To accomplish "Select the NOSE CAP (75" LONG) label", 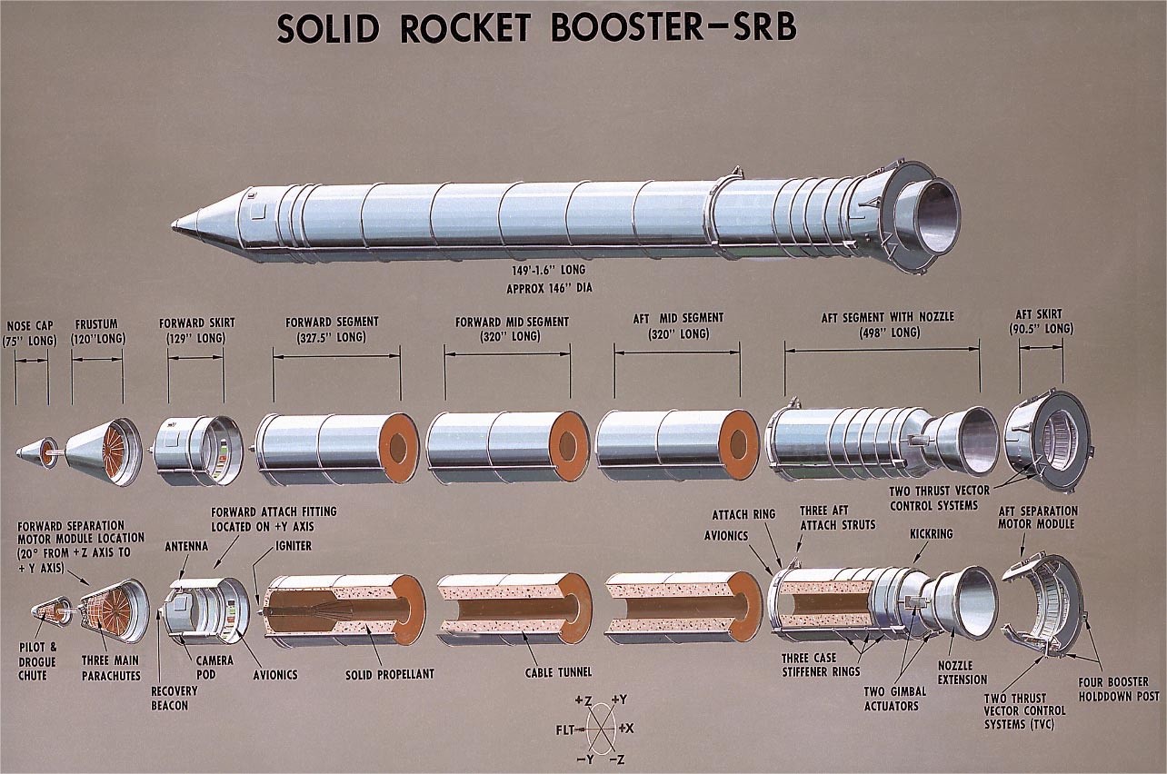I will (30, 332).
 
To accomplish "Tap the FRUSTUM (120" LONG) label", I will (97, 332).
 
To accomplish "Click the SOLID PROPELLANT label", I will (389, 674).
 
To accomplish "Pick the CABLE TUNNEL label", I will (558, 672).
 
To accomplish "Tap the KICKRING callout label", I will (931, 534).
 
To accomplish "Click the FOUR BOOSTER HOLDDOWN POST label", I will (1112, 689).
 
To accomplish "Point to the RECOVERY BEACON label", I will (174, 697).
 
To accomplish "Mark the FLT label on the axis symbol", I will (565, 729).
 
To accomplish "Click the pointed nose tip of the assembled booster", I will (175, 224).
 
